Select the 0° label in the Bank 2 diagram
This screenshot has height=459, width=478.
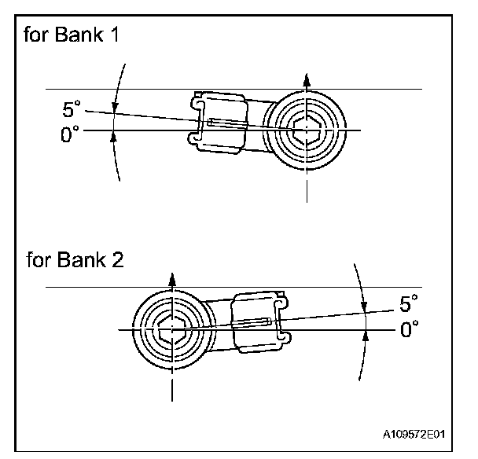pyautogui.click(x=408, y=330)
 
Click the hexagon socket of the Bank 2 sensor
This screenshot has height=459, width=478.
pyautogui.click(x=171, y=329)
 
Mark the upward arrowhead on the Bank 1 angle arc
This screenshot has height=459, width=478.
pyautogui.click(x=116, y=137)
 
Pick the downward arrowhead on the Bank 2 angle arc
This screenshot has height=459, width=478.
pyautogui.click(x=364, y=308)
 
